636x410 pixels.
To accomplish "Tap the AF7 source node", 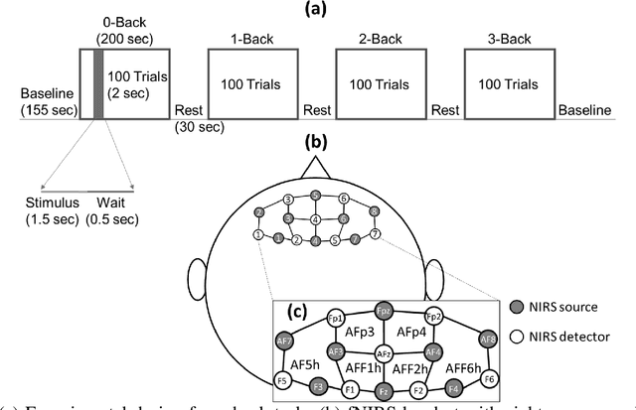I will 285,341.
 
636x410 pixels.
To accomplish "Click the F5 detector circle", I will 284,379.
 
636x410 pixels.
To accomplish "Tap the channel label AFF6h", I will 456,366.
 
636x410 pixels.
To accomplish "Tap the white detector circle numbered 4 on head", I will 316,218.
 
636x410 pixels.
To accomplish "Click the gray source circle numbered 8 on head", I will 375,211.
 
